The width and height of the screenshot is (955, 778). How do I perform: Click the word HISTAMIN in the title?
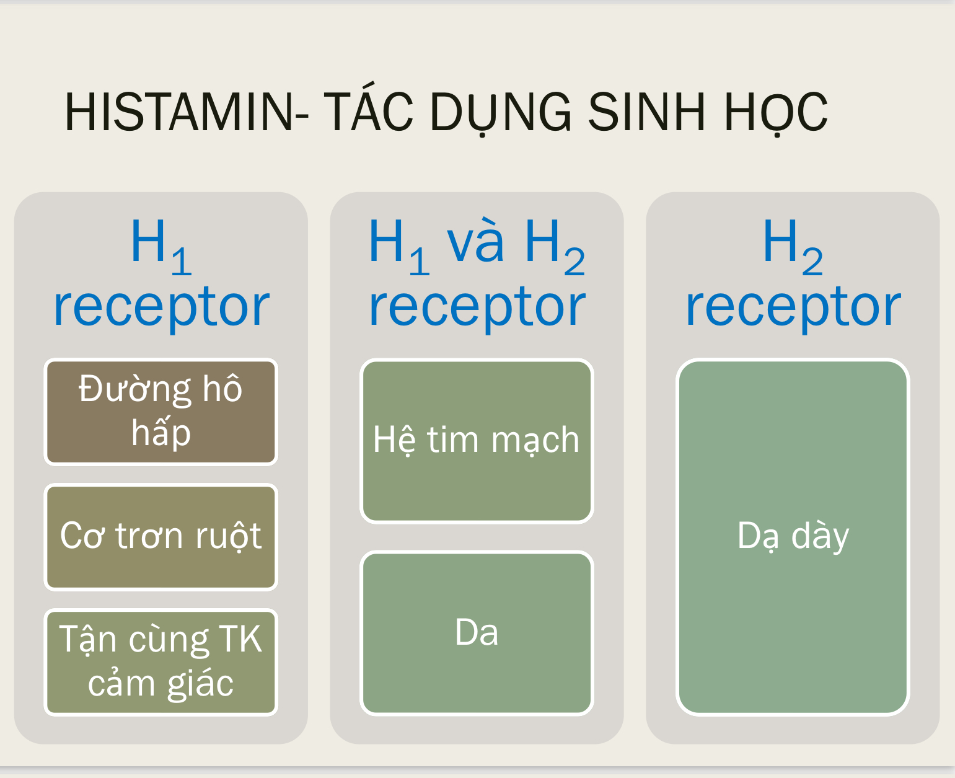point(178,113)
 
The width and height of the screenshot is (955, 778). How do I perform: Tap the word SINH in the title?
point(646,113)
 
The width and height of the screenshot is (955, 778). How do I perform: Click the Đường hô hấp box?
point(161,412)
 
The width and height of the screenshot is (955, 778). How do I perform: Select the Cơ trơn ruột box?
point(161,537)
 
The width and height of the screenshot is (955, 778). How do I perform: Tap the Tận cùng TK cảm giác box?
point(161,662)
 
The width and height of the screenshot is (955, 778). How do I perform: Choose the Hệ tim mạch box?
point(477,441)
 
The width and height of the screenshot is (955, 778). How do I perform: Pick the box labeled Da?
point(477,633)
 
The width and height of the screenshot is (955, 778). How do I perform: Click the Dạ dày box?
point(793,537)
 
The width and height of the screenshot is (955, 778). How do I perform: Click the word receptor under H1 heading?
point(161,307)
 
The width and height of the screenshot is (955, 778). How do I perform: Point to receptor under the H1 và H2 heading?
point(477,307)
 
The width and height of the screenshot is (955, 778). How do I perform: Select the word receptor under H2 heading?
point(793,307)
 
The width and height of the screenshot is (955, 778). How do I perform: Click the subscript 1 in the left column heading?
point(182,262)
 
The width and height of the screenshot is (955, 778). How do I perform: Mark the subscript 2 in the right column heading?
point(812,262)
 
